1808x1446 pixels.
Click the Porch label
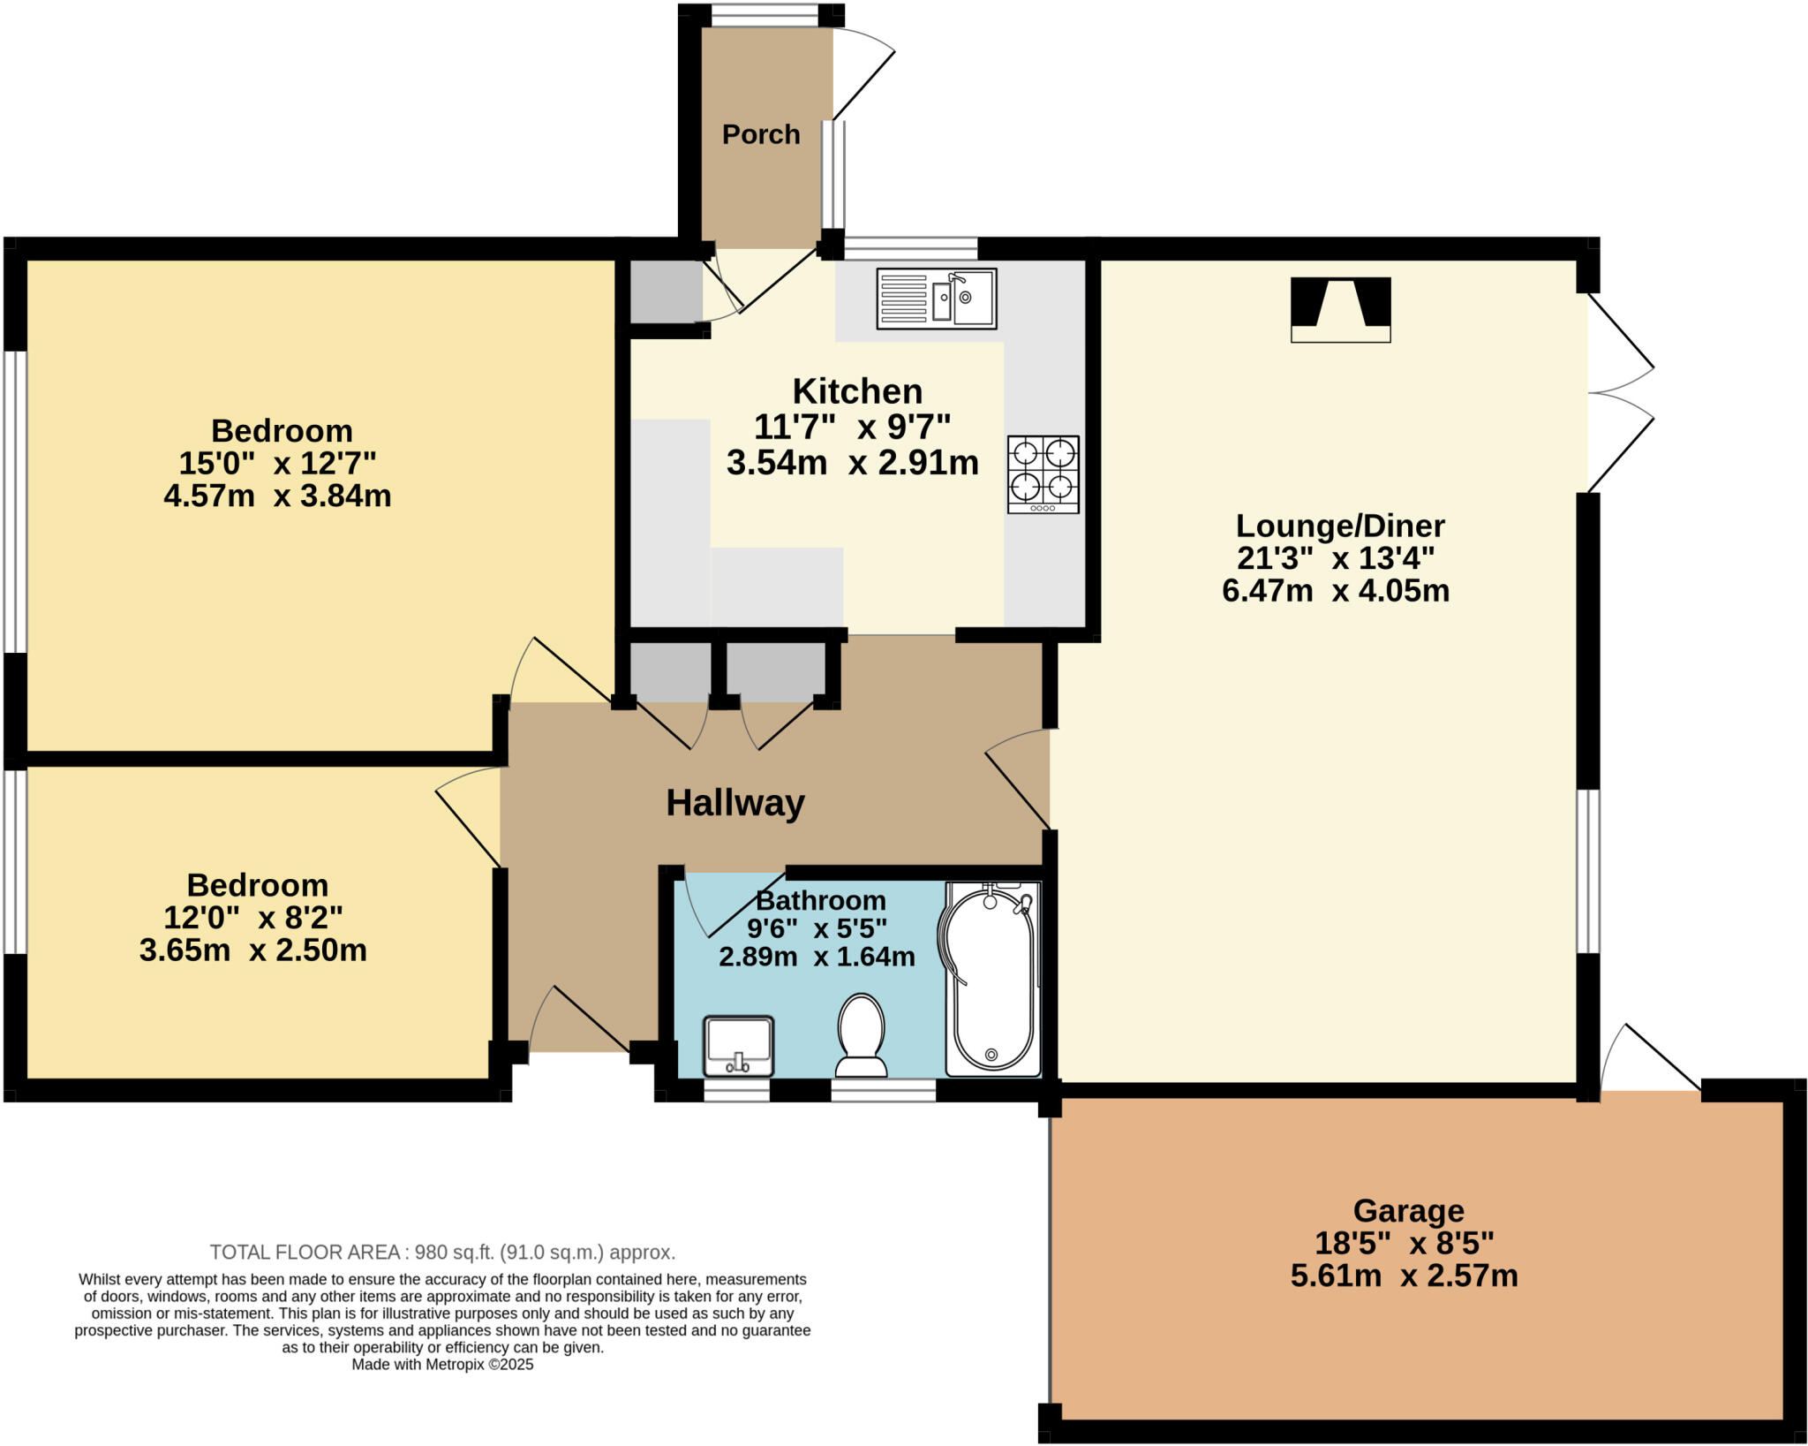pyautogui.click(x=761, y=134)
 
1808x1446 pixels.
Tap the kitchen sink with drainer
pyautogui.click(x=937, y=299)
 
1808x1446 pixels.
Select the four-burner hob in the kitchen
pyautogui.click(x=1043, y=474)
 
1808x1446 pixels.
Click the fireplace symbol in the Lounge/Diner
pyautogui.click(x=1341, y=309)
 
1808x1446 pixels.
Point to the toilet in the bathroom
pyautogui.click(x=861, y=1035)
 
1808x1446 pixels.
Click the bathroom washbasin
pyautogui.click(x=738, y=1046)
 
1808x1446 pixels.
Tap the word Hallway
pyautogui.click(x=735, y=803)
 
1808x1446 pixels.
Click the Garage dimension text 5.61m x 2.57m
pyautogui.click(x=1405, y=1276)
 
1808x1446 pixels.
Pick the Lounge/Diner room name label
pyautogui.click(x=1340, y=526)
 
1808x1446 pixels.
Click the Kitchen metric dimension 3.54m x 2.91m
pyautogui.click(x=853, y=463)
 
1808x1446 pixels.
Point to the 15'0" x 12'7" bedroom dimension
pyautogui.click(x=277, y=463)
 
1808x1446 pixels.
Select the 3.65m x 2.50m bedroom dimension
pyautogui.click(x=253, y=950)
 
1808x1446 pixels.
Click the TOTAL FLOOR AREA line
pyautogui.click(x=442, y=1252)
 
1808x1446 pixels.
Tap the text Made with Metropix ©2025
pyautogui.click(x=442, y=1364)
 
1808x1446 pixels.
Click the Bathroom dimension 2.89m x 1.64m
pyautogui.click(x=817, y=957)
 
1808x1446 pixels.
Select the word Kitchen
pyautogui.click(x=857, y=390)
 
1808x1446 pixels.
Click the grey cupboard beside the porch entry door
pyautogui.click(x=666, y=291)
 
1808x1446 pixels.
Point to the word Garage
pyautogui.click(x=1409, y=1210)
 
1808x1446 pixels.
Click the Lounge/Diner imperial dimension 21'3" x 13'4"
pyautogui.click(x=1336, y=558)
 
